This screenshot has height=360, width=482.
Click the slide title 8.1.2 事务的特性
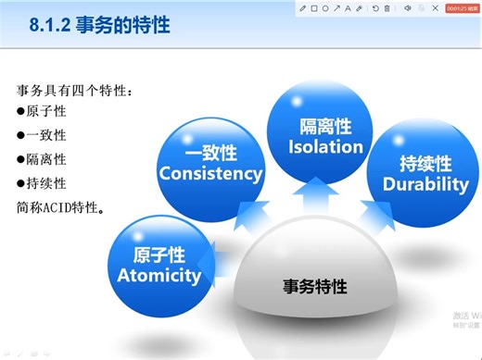click(99, 24)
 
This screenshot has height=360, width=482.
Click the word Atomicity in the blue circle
click(159, 275)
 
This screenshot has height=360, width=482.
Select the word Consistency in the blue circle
click(211, 173)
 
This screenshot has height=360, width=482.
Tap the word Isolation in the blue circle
click(325, 146)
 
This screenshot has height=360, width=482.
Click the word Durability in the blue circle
click(425, 183)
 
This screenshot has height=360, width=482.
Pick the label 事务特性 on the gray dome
click(314, 287)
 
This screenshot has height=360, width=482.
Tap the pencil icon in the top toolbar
click(302, 8)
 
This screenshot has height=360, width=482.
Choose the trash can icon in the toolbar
click(387, 8)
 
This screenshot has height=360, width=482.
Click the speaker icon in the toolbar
click(408, 8)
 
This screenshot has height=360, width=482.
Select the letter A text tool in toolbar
click(348, 8)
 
